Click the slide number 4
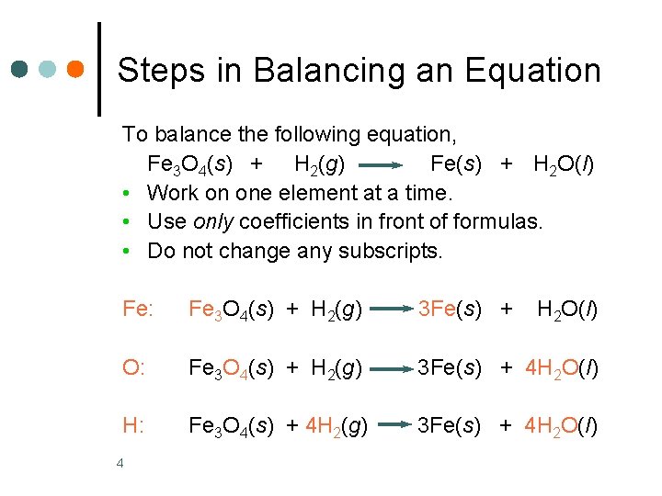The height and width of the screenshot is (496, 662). [x=120, y=462]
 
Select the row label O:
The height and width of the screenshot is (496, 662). [x=134, y=368]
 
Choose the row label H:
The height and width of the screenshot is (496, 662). [x=134, y=425]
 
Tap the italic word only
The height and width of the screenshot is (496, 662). [x=213, y=221]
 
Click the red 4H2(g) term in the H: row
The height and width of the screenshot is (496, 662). [x=337, y=426]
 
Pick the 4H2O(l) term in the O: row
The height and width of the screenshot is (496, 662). [x=562, y=369]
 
